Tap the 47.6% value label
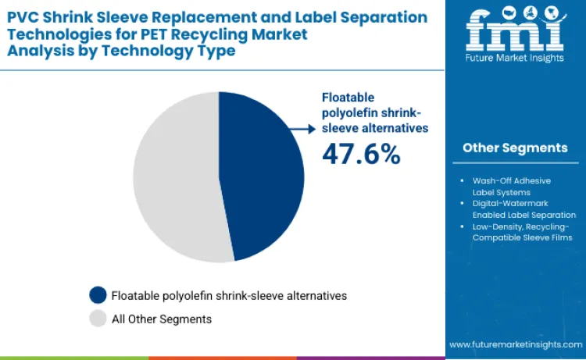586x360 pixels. click(361, 154)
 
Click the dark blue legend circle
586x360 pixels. click(98, 295)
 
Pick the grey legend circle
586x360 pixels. click(98, 319)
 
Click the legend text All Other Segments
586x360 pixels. click(162, 319)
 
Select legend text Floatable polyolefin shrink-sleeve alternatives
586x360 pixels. click(229, 295)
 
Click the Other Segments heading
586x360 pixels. click(515, 148)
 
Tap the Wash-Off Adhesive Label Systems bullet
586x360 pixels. click(512, 186)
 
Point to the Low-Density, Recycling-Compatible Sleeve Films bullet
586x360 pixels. click(516, 231)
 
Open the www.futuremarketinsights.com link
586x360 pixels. click(515, 344)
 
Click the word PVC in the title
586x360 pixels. click(23, 16)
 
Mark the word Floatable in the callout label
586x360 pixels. click(348, 98)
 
